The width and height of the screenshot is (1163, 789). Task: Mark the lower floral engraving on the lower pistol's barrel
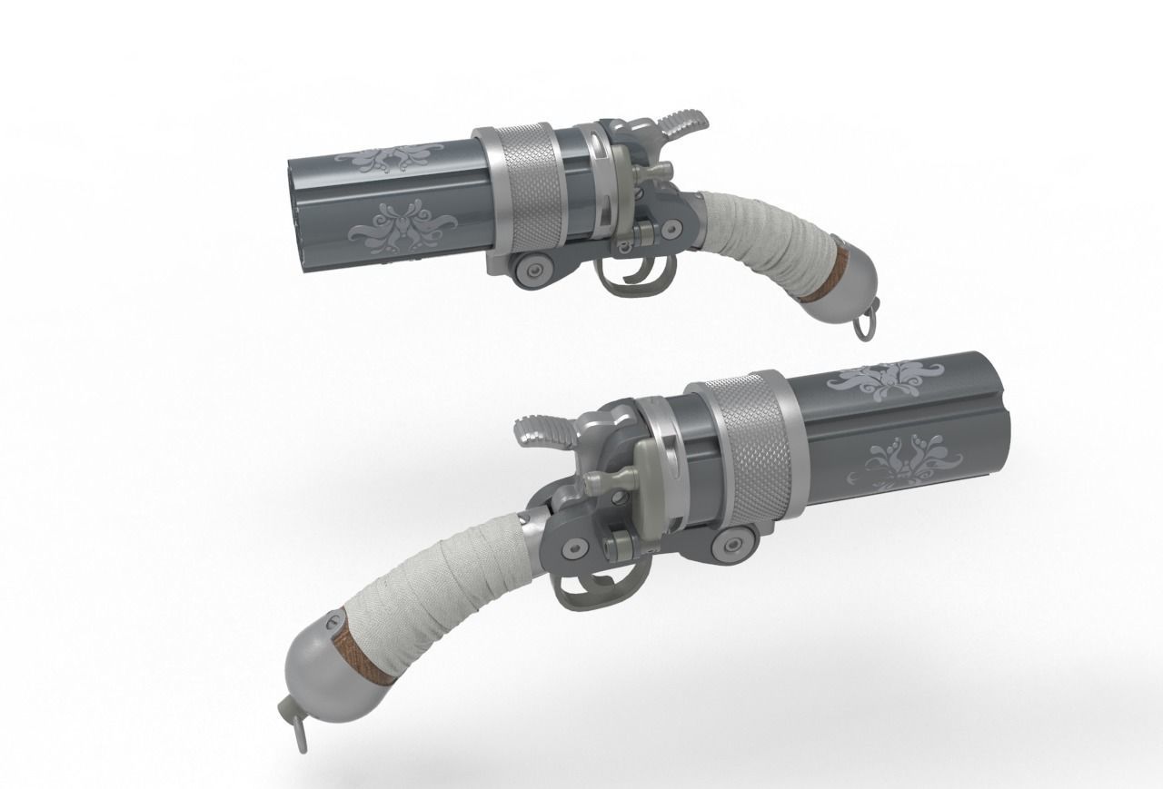[900, 462]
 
